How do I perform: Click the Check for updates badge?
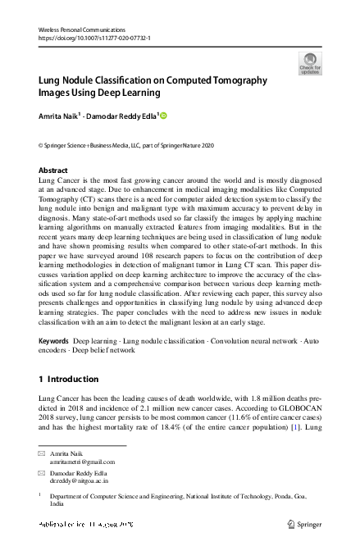310,62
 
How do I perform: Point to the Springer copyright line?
115,144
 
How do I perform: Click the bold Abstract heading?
53,171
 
